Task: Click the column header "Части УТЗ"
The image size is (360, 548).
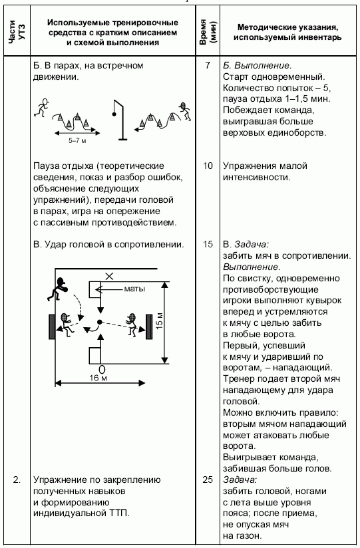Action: (17, 33)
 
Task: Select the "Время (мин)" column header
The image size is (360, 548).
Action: (208, 33)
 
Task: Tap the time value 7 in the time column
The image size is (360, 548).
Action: (208, 65)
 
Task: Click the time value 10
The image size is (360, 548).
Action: (208, 166)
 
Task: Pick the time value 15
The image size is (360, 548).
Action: (208, 244)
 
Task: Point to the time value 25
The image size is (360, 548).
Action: (208, 479)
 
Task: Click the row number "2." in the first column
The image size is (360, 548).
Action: (17, 480)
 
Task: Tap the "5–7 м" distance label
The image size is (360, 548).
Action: (77, 141)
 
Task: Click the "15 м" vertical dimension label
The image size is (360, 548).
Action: (159, 320)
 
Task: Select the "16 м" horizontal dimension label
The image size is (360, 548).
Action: (98, 378)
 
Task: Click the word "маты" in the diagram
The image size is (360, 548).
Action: (134, 289)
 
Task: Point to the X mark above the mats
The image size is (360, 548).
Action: (110, 277)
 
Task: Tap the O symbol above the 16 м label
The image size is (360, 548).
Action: (102, 369)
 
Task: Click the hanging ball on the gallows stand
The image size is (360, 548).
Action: (113, 114)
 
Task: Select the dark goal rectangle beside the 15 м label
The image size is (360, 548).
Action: (148, 327)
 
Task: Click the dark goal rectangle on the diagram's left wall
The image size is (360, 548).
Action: (52, 327)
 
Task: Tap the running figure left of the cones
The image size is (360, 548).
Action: (41, 106)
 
